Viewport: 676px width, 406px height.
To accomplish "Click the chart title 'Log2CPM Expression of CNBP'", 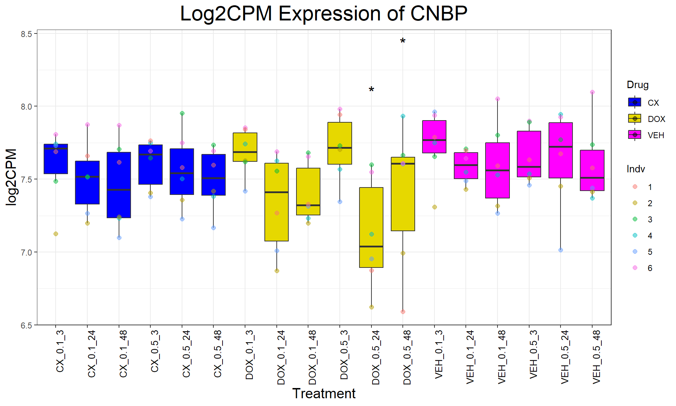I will click(x=324, y=14).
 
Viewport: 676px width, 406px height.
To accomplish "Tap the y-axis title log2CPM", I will click(x=11, y=177).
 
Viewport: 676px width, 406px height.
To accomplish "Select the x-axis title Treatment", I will click(x=324, y=393).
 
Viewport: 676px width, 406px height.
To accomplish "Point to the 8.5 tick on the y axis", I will click(x=26, y=34).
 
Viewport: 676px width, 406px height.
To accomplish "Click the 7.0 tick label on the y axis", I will click(x=26, y=252).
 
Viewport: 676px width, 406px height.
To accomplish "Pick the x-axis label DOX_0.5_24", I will click(x=376, y=357).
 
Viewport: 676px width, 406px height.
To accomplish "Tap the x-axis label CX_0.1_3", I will click(x=60, y=351).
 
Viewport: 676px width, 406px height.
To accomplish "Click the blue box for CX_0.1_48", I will click(x=119, y=185).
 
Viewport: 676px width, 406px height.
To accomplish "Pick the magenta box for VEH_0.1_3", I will click(x=434, y=137).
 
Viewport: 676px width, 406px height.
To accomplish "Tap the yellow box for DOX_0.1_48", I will click(x=308, y=191).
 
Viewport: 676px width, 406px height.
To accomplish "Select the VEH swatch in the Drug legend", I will click(x=634, y=135).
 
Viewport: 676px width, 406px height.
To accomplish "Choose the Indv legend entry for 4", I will click(x=650, y=236).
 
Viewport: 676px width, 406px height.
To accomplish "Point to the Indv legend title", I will click(x=636, y=169).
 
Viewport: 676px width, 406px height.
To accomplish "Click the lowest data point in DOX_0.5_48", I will click(x=403, y=312).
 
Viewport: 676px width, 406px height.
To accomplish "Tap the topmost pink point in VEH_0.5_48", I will click(x=592, y=92).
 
